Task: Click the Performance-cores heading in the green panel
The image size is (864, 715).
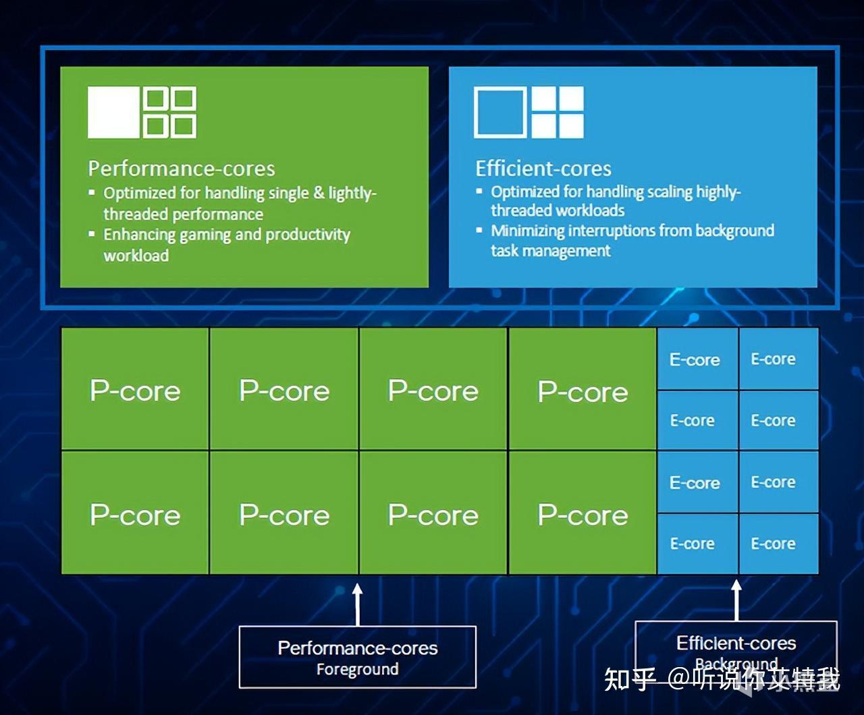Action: (x=182, y=169)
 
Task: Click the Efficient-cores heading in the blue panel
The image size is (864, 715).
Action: (x=543, y=169)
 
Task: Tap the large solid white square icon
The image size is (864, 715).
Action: (x=113, y=112)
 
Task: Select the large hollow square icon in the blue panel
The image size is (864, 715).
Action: (x=500, y=112)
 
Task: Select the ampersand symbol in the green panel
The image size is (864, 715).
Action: (x=319, y=193)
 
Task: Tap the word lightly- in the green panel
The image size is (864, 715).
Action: (x=352, y=194)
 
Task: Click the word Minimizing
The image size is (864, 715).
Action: (x=528, y=231)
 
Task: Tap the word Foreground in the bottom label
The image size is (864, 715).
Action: (x=358, y=670)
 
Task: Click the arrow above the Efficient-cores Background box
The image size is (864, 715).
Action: (x=736, y=600)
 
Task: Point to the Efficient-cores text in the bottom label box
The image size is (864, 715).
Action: (x=736, y=643)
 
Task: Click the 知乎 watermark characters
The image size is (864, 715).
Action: (x=630, y=679)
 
